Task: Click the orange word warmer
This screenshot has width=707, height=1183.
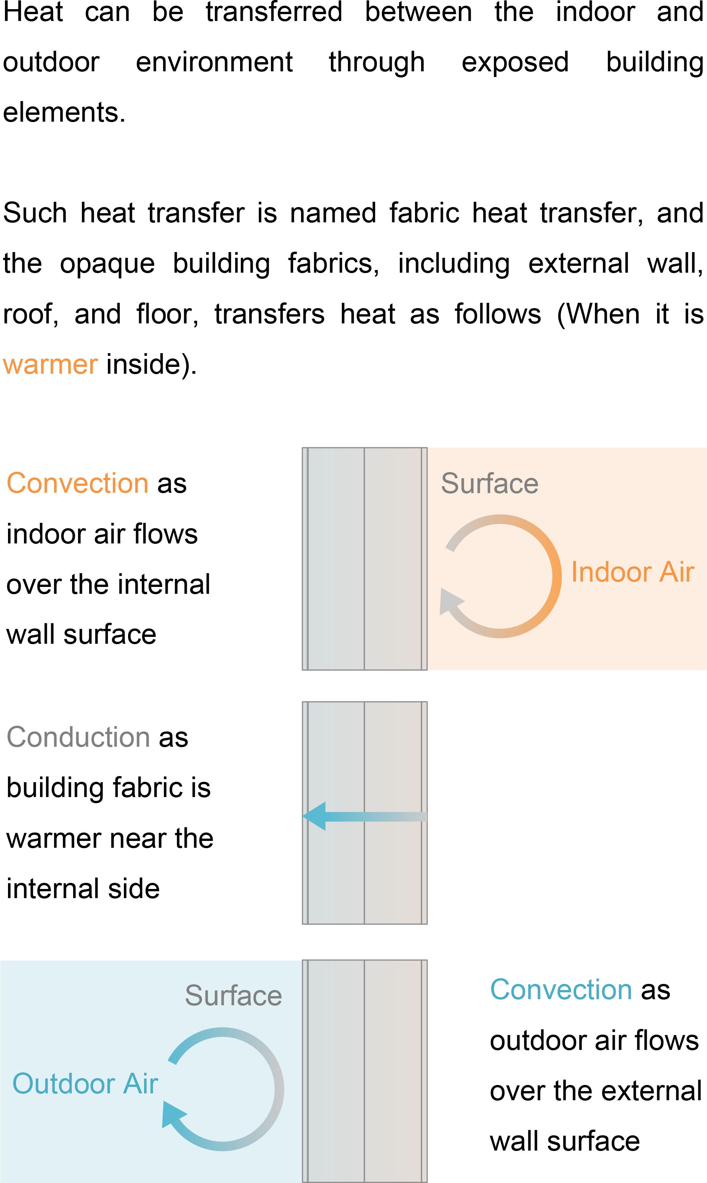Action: point(50,366)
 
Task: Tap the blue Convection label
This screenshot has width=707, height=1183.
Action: point(561,990)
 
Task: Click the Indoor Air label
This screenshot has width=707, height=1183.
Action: point(632,572)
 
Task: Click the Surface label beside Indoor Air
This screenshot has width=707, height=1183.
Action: point(489,484)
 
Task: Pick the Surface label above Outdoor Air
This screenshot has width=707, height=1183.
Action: point(233,996)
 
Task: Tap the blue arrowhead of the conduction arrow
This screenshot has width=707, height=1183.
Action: point(316,816)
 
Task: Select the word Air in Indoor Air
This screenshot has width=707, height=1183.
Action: point(676,572)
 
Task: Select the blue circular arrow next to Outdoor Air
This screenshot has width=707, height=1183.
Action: point(278,1089)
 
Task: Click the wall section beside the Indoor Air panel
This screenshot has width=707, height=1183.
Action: point(364,559)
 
